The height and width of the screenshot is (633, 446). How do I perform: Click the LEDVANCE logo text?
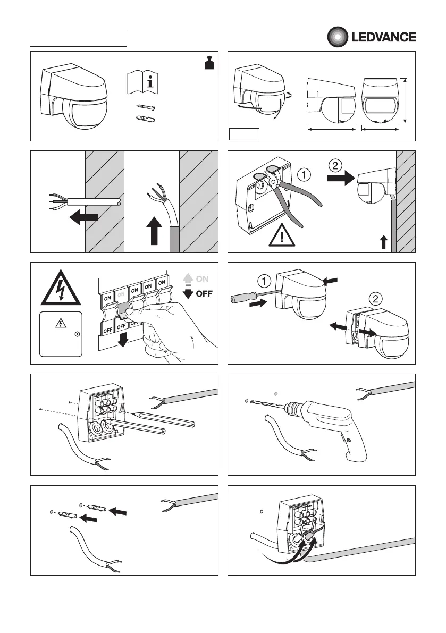click(383, 37)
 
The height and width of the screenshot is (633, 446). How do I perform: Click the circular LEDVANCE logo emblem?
click(336, 37)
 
